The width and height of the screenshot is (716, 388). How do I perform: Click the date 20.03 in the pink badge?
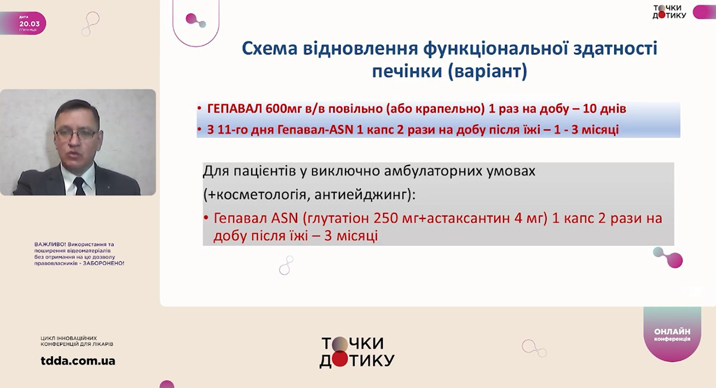29,24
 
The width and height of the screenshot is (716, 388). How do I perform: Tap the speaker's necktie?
79,186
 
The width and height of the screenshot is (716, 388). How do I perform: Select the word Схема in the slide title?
270,48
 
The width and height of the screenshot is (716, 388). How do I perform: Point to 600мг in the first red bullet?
283,109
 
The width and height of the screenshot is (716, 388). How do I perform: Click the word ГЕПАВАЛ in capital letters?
235,109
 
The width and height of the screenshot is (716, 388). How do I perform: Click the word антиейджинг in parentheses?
362,195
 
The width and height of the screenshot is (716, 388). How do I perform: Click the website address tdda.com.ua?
78,361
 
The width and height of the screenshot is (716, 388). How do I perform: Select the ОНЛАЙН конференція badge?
672,334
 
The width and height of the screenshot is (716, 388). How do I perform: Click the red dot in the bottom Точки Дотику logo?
340,360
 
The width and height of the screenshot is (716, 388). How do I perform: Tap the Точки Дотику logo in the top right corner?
669,11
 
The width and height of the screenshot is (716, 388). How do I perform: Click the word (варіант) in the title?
487,71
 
